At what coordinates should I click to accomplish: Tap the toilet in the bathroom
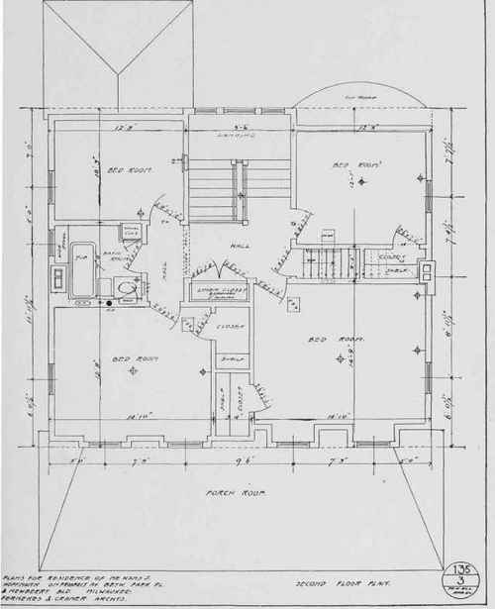pyautogui.click(x=124, y=288)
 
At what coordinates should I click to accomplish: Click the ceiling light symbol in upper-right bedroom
pyautogui.click(x=363, y=182)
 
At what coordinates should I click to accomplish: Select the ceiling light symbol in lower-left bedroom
pyautogui.click(x=203, y=371)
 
